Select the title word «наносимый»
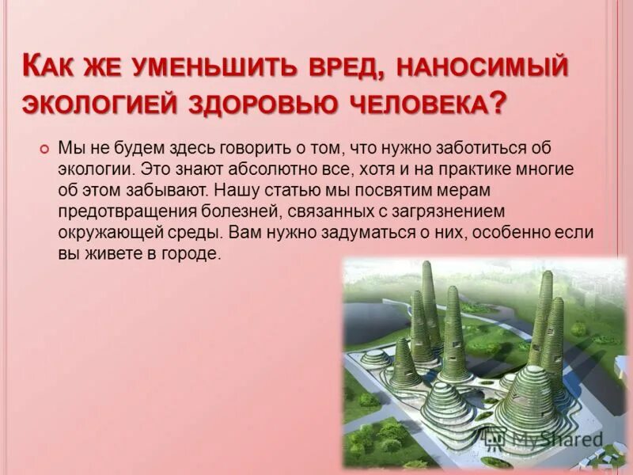pyautogui.click(x=482, y=68)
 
